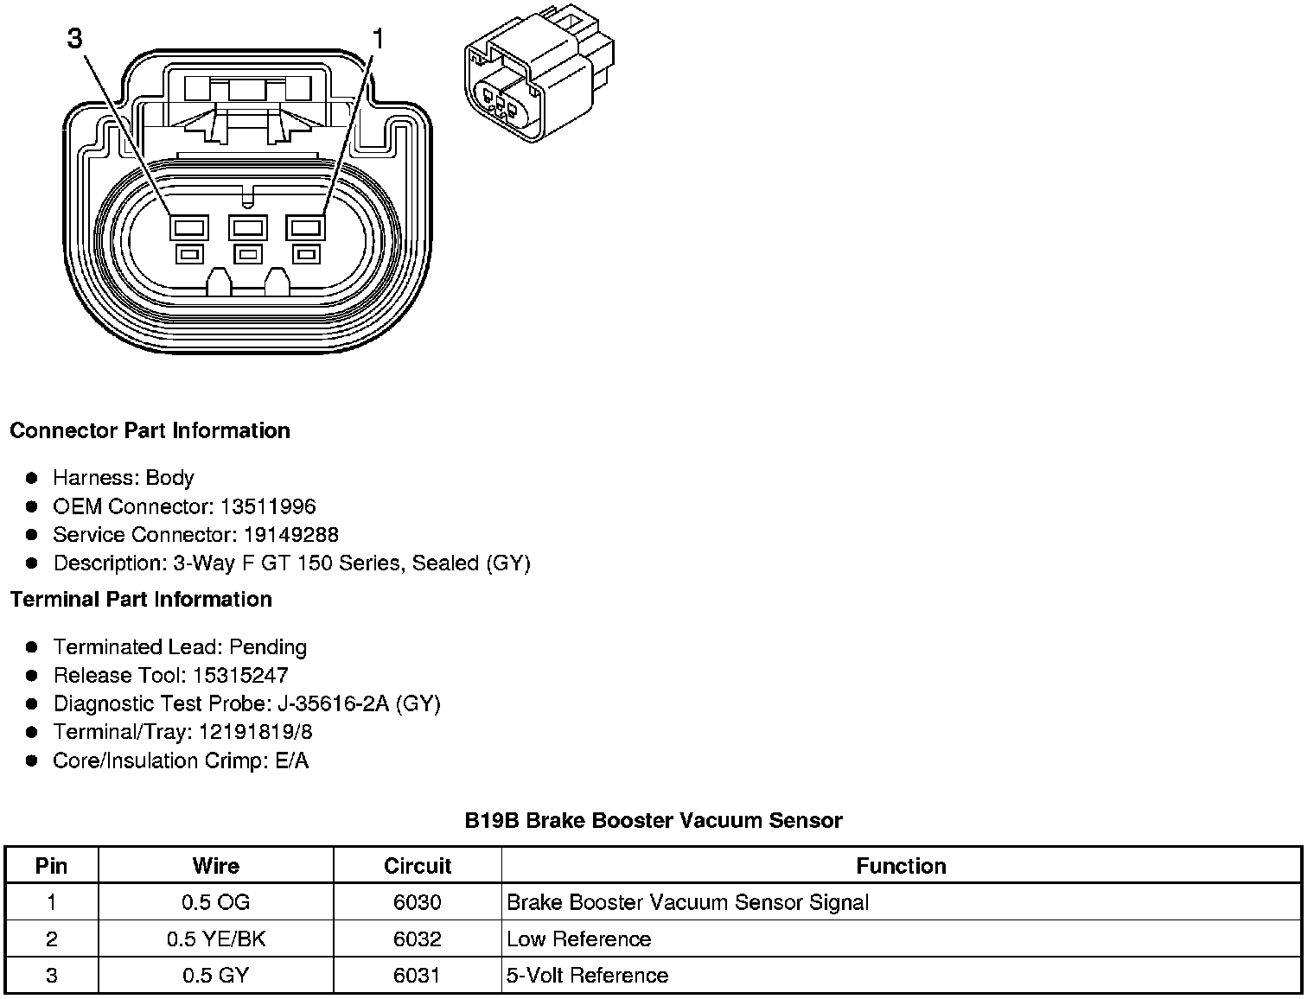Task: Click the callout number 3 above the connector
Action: click(76, 39)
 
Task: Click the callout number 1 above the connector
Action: click(379, 39)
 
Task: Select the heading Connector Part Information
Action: click(150, 430)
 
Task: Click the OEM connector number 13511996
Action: click(268, 506)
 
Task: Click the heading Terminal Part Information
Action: click(141, 599)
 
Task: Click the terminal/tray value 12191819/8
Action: click(256, 732)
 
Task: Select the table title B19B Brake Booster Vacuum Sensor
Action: click(653, 820)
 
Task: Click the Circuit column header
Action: click(418, 866)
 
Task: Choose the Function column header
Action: click(901, 866)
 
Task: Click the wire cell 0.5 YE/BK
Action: click(216, 939)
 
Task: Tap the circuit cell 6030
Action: click(418, 903)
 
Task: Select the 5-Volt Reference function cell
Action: click(587, 976)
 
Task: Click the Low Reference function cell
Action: click(578, 939)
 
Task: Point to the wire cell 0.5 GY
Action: click(216, 976)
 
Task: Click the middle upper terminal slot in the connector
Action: click(248, 228)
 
